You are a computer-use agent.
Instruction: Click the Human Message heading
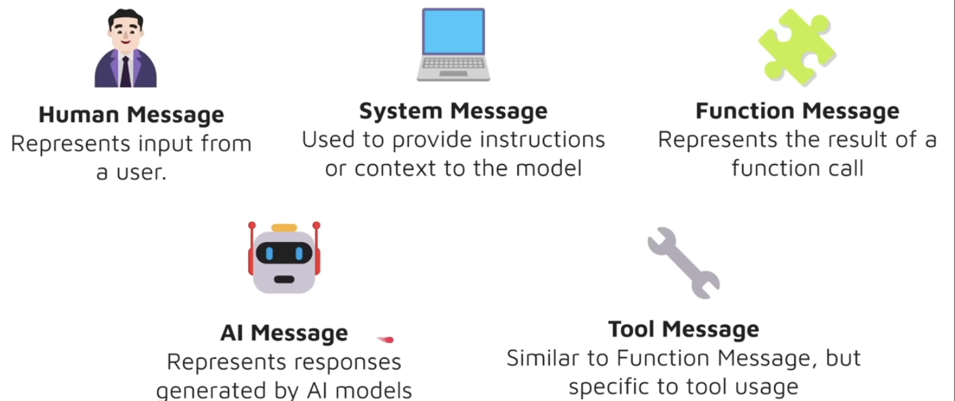point(131,115)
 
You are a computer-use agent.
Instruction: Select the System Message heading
point(453,111)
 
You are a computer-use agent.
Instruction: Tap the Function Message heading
point(797,111)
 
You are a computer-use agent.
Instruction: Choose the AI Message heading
point(284,333)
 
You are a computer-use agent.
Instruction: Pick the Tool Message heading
point(683,329)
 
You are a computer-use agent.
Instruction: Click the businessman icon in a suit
point(126,51)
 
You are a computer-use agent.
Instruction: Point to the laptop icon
point(453,44)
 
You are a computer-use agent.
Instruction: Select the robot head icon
point(284,258)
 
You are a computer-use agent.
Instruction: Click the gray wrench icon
point(683,263)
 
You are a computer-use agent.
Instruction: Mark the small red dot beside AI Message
point(386,340)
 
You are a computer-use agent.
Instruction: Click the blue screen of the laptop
point(453,32)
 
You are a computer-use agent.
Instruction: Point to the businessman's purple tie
point(125,71)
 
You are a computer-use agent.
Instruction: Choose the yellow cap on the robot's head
point(284,228)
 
